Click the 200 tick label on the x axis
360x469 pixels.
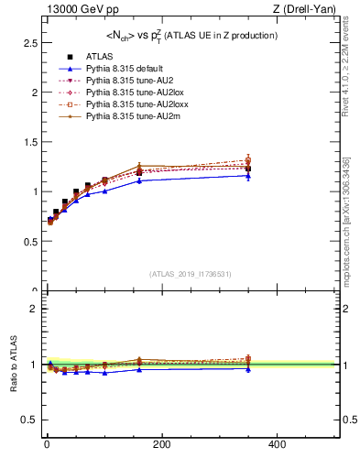tap(161, 444)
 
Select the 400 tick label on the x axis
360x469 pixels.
tap(276, 444)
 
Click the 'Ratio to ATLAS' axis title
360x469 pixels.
tap(13, 365)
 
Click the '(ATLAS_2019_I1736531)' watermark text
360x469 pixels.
tap(190, 274)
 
